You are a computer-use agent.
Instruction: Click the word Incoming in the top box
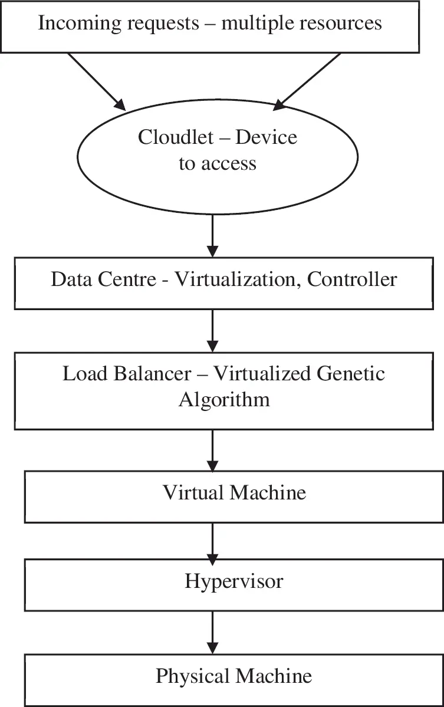[76, 23]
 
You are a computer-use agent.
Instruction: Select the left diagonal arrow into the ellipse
[97, 82]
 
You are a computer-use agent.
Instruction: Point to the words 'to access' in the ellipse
[218, 163]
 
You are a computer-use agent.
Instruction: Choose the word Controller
[353, 279]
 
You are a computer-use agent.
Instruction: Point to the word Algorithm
[224, 399]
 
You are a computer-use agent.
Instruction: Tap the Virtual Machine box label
[234, 492]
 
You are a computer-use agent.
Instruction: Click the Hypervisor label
[234, 581]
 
